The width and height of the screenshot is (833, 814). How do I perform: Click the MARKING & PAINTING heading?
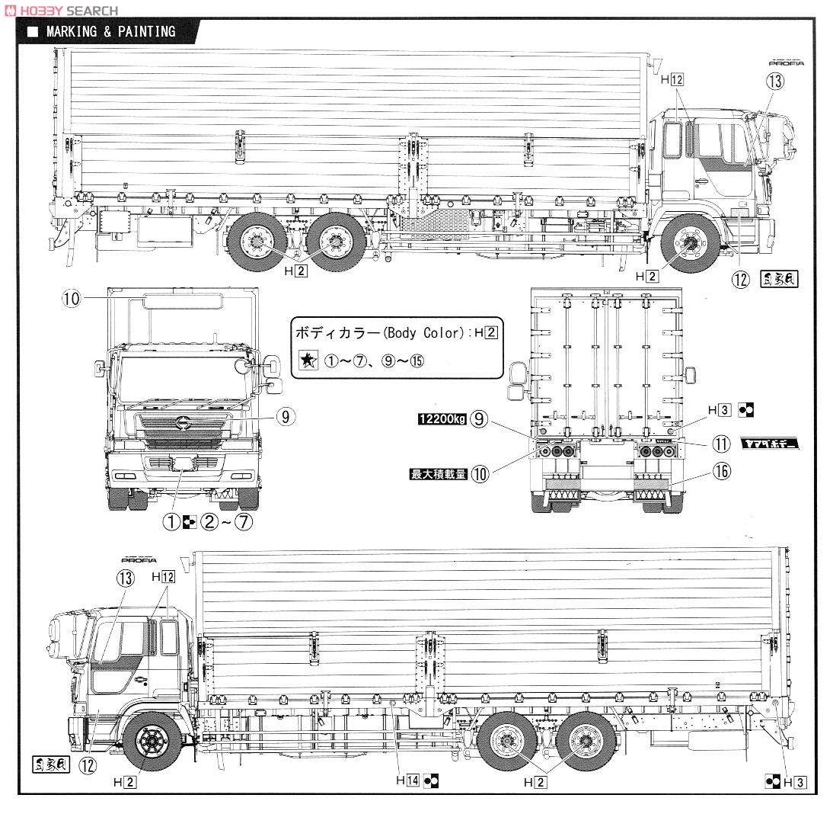pyautogui.click(x=110, y=31)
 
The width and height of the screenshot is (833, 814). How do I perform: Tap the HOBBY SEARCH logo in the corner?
pyautogui.click(x=62, y=10)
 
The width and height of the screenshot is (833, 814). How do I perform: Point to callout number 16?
pyautogui.click(x=721, y=472)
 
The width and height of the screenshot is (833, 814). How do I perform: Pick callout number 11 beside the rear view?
pyautogui.click(x=721, y=444)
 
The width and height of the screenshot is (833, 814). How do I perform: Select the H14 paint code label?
pyautogui.click(x=407, y=780)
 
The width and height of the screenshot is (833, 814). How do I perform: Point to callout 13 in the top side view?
pyautogui.click(x=774, y=82)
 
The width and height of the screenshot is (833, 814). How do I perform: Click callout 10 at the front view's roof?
pyautogui.click(x=71, y=299)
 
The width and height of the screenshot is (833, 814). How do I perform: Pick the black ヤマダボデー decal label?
pyautogui.click(x=771, y=444)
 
